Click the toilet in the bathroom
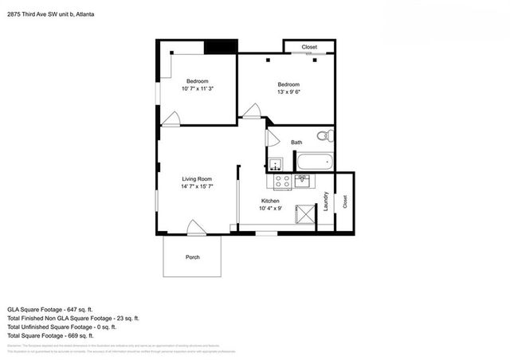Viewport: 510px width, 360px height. [324, 136]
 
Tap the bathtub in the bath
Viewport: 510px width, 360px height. [314, 162]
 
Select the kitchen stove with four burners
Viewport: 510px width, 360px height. [282, 182]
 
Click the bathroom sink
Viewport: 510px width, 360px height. [275, 166]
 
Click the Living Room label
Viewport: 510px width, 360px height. [197, 179]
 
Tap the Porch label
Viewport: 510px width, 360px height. [192, 257]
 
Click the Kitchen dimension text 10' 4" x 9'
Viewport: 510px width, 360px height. [271, 209]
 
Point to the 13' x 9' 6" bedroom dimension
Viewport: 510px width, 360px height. [288, 92]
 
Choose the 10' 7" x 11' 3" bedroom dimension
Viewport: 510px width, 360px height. [198, 89]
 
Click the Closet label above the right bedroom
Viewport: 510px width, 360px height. [309, 47]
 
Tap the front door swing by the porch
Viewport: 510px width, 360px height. [196, 228]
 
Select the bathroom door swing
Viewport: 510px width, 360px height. [272, 139]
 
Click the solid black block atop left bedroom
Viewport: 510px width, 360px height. [220, 46]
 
